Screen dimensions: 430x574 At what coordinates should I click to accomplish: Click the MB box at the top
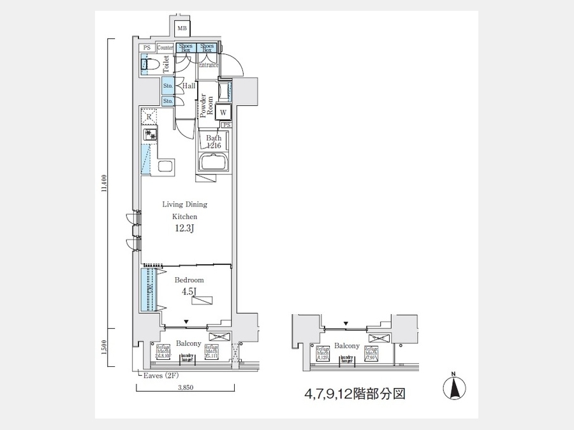(182, 29)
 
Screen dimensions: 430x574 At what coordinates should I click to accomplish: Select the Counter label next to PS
(165, 48)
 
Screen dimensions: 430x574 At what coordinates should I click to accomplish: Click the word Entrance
(208, 65)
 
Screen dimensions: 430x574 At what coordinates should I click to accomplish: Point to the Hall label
(189, 86)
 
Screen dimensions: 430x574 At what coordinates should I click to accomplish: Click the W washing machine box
(223, 113)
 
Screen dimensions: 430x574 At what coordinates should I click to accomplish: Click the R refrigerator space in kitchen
(149, 117)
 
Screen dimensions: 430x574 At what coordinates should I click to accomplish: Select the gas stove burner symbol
(150, 135)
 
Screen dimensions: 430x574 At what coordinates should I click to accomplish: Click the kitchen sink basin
(165, 168)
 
